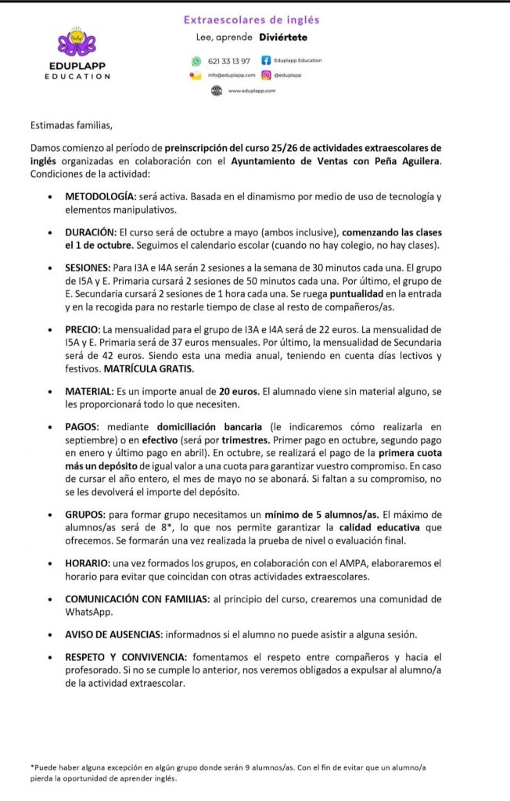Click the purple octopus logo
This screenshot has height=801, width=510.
pyautogui.click(x=77, y=41)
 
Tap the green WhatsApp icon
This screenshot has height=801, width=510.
pyautogui.click(x=196, y=61)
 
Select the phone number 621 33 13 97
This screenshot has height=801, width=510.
pyautogui.click(x=229, y=61)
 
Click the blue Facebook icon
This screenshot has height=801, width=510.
pyautogui.click(x=266, y=60)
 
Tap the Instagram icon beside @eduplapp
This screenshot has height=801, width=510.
pyautogui.click(x=266, y=75)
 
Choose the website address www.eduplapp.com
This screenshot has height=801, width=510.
pyautogui.click(x=251, y=91)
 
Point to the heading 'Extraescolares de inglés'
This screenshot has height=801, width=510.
pyautogui.click(x=251, y=20)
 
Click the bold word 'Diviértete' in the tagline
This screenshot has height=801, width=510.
pyautogui.click(x=285, y=37)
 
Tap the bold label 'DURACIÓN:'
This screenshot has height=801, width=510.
pyautogui.click(x=92, y=232)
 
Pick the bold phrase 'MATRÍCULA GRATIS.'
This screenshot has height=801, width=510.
pyautogui.click(x=149, y=368)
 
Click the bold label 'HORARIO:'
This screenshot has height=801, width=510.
pyautogui.click(x=91, y=563)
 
